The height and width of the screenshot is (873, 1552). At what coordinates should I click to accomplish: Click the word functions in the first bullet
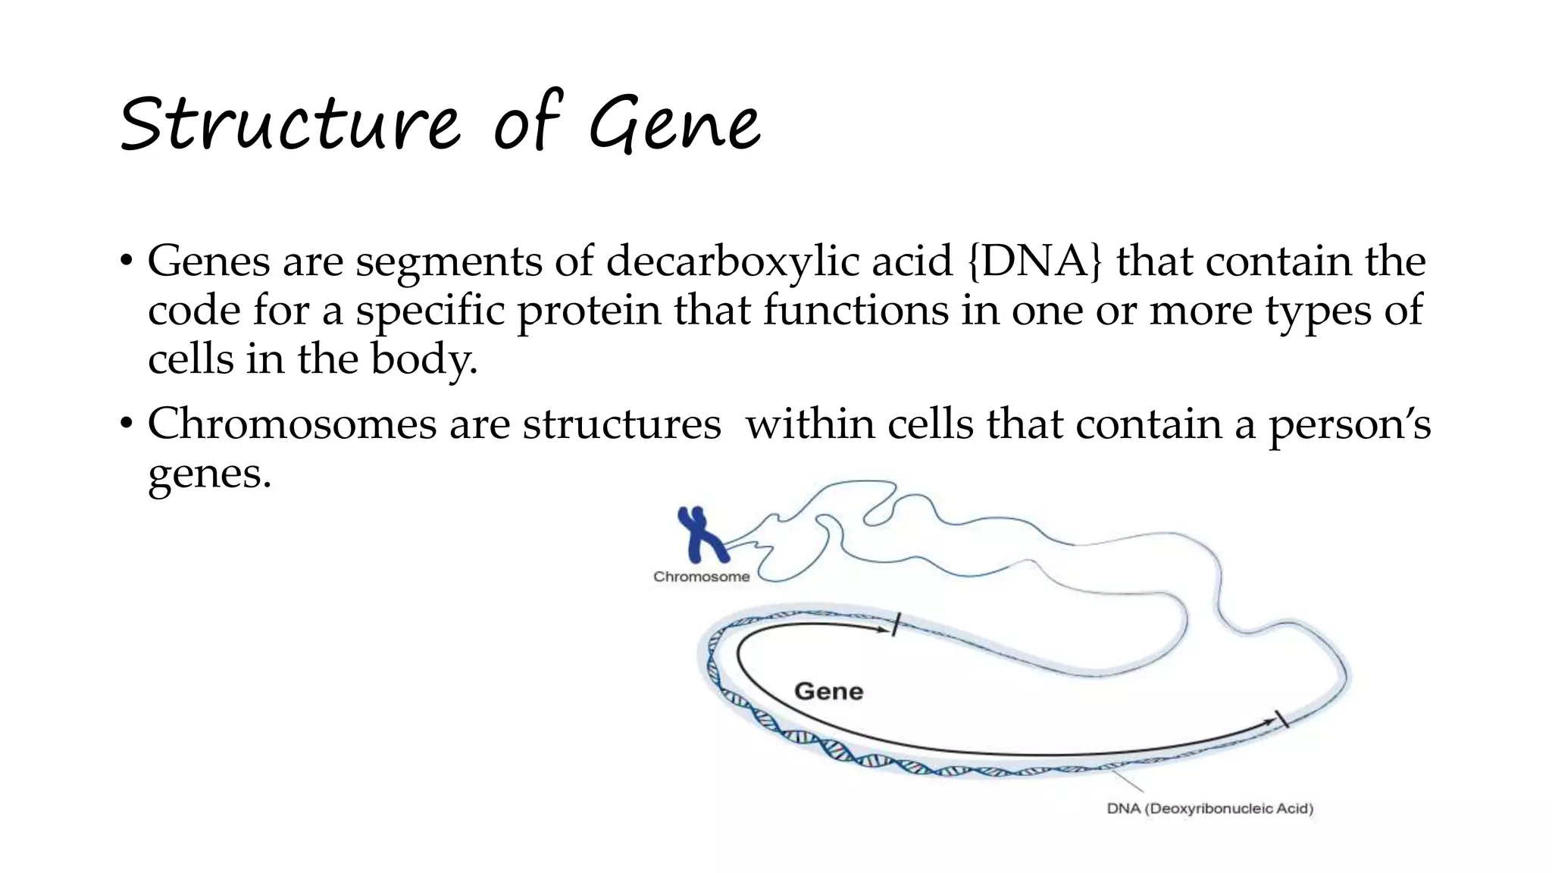click(x=856, y=311)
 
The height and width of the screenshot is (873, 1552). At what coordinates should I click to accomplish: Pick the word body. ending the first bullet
click(x=424, y=359)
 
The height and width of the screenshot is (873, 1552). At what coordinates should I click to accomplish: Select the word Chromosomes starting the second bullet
click(x=292, y=424)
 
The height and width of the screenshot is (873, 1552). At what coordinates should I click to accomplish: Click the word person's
click(x=1350, y=424)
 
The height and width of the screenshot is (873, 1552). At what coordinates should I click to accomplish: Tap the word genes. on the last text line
click(x=209, y=474)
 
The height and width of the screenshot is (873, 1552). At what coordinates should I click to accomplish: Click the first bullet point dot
click(x=126, y=262)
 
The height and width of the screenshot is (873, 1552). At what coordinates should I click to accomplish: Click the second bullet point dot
click(x=126, y=424)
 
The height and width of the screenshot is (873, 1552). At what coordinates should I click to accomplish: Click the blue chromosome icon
click(x=702, y=534)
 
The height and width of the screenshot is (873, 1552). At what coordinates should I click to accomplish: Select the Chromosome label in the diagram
click(x=701, y=577)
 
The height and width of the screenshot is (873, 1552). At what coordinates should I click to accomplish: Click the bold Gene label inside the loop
click(x=828, y=691)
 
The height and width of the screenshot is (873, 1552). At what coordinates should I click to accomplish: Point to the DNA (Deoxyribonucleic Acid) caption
click(x=1209, y=809)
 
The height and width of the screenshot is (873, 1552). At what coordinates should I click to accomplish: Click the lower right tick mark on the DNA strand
click(x=1282, y=718)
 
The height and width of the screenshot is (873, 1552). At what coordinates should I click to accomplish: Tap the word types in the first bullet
click(x=1318, y=311)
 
